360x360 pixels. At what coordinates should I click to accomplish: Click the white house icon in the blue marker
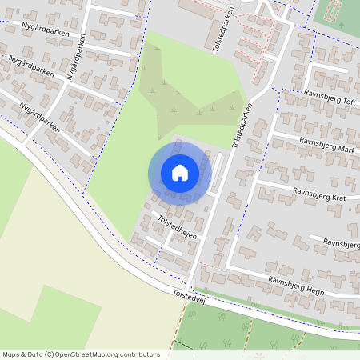pyautogui.click(x=180, y=172)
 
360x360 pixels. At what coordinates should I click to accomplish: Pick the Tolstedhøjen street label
pyautogui.click(x=177, y=228)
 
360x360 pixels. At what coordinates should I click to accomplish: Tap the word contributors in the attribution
pyautogui.click(x=139, y=354)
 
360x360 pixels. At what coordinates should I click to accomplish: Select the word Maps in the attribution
pyautogui.click(x=11, y=354)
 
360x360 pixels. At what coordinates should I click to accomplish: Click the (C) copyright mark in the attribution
pyautogui.click(x=50, y=354)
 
